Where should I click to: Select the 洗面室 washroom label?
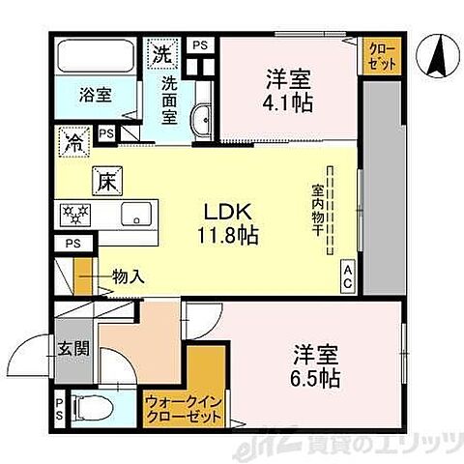click(x=171, y=100)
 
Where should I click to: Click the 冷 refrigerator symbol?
click(x=73, y=142)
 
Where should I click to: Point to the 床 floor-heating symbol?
click(x=105, y=180)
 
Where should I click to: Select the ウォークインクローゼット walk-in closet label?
click(x=182, y=410)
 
